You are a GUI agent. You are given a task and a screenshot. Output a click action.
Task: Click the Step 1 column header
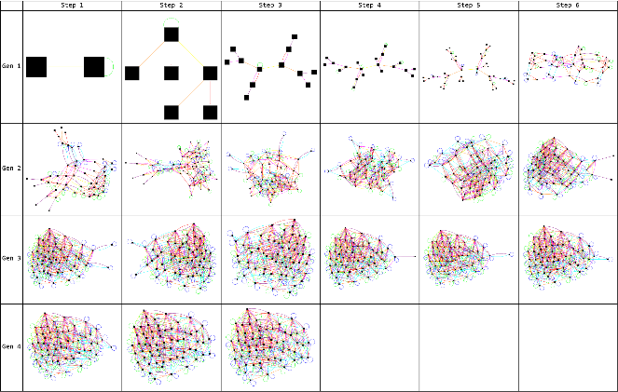[x=73, y=6]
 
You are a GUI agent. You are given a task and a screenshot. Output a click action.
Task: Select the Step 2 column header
[x=172, y=6]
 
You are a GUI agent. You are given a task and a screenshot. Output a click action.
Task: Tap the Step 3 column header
[x=270, y=6]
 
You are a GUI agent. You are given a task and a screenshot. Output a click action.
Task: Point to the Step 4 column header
[x=369, y=6]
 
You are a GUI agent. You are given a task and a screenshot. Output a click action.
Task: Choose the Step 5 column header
[x=468, y=6]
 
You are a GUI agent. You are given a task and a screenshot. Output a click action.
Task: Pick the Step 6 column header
[x=567, y=6]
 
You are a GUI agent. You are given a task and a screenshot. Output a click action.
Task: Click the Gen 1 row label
[x=11, y=67]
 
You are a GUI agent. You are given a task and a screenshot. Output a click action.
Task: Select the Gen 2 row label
[x=11, y=169]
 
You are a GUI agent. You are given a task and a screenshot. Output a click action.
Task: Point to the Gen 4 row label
[x=11, y=346]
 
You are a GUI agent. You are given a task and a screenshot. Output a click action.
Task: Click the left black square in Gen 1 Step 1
[x=36, y=67]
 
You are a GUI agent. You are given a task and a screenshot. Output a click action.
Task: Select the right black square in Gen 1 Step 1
[x=94, y=67]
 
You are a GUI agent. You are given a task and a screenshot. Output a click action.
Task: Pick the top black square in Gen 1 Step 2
[x=172, y=34]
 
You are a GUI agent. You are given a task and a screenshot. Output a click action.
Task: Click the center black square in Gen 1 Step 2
[x=172, y=73]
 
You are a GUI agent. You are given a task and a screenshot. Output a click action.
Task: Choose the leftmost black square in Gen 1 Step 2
[x=132, y=73]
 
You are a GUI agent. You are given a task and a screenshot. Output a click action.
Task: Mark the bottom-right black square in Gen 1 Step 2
[x=210, y=112]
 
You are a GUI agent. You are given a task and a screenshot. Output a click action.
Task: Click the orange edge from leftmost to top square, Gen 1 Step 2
[x=152, y=54]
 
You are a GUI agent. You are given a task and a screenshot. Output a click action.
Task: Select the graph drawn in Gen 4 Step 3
[x=270, y=346]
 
